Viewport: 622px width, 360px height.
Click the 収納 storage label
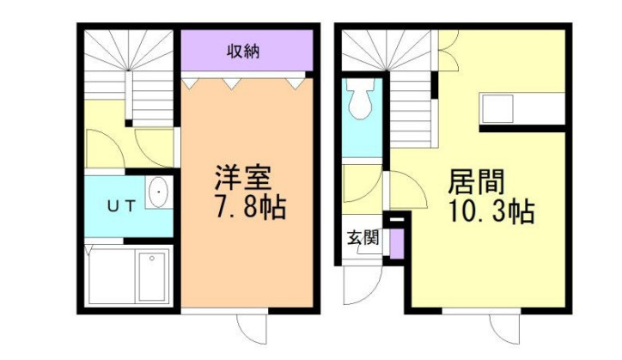tap(244, 51)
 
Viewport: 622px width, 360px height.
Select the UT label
tap(119, 205)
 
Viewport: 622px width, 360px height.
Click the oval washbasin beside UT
tap(159, 194)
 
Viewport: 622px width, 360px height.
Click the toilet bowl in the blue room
tap(359, 103)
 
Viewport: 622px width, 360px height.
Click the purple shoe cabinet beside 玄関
tap(396, 243)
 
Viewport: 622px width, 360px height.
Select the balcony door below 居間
tap(505, 328)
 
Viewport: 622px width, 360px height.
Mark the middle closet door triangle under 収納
tap(231, 83)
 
